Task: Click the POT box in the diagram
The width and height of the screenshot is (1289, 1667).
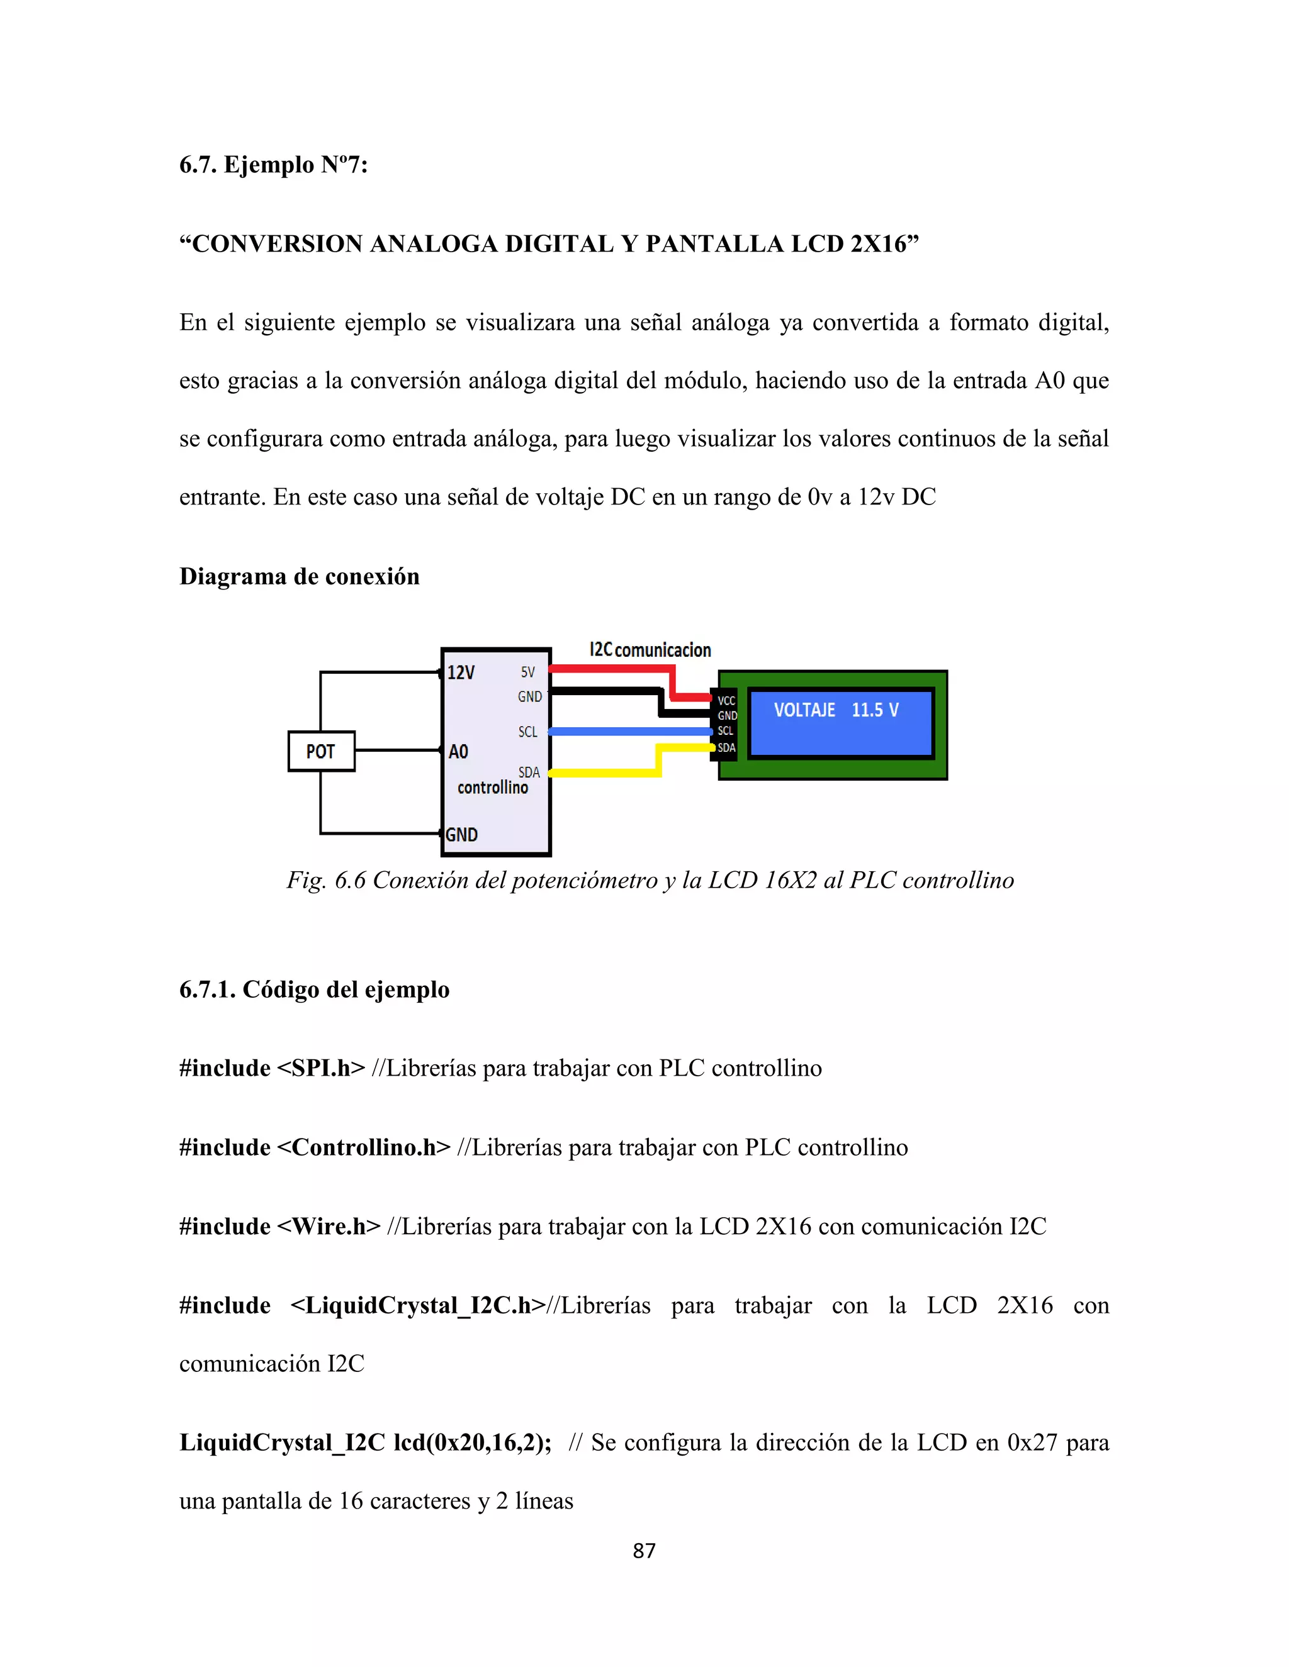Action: pyautogui.click(x=322, y=751)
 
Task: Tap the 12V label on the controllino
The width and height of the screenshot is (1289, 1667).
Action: pyautogui.click(x=461, y=672)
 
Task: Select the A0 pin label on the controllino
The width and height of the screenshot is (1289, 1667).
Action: pyautogui.click(x=458, y=752)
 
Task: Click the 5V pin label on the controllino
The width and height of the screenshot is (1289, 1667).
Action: pyautogui.click(x=527, y=672)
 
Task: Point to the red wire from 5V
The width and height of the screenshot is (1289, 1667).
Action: pyautogui.click(x=611, y=669)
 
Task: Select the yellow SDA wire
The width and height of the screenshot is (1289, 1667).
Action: pyautogui.click(x=603, y=773)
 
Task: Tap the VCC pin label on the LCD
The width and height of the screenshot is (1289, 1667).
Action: pyautogui.click(x=726, y=701)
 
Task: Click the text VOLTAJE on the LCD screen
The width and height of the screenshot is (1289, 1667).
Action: pyautogui.click(x=804, y=710)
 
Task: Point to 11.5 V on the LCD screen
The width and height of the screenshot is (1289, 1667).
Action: pyautogui.click(x=875, y=710)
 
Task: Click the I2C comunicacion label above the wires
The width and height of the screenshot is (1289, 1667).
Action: pyautogui.click(x=650, y=650)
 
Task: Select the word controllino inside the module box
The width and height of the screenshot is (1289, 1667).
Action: pyautogui.click(x=493, y=788)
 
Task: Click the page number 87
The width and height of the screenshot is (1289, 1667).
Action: pyautogui.click(x=644, y=1550)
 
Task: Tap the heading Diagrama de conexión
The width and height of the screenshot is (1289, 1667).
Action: pyautogui.click(x=300, y=576)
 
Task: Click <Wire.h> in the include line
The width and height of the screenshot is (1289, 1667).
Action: pyautogui.click(x=329, y=1227)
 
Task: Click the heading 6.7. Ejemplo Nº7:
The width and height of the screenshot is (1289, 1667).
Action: pyautogui.click(x=273, y=165)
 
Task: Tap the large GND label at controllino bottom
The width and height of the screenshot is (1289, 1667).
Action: pyautogui.click(x=462, y=834)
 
